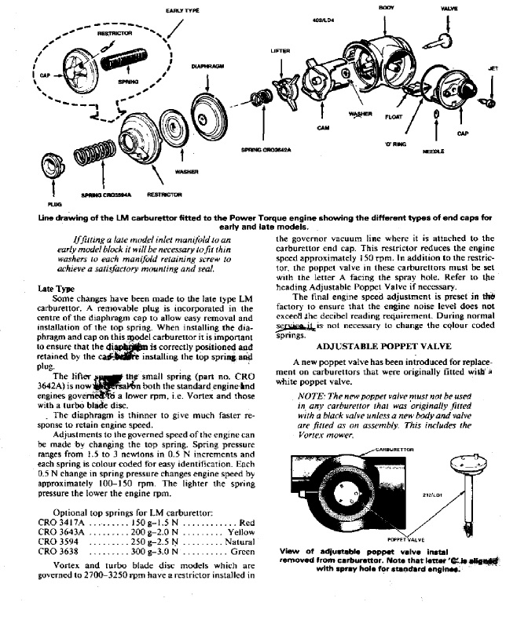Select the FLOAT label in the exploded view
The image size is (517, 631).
(392, 118)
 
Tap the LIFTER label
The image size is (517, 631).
(280, 51)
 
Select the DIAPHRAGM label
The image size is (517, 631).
(205, 67)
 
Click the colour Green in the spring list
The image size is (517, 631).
(241, 552)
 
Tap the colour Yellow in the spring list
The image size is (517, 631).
(240, 532)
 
